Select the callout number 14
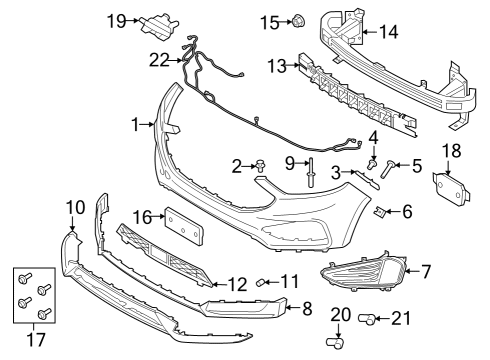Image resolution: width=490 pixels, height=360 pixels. [x=387, y=33]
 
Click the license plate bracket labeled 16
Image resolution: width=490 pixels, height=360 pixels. [x=184, y=225]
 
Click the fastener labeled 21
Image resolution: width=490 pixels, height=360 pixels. [x=368, y=319]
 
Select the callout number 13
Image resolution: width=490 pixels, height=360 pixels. [x=277, y=66]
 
